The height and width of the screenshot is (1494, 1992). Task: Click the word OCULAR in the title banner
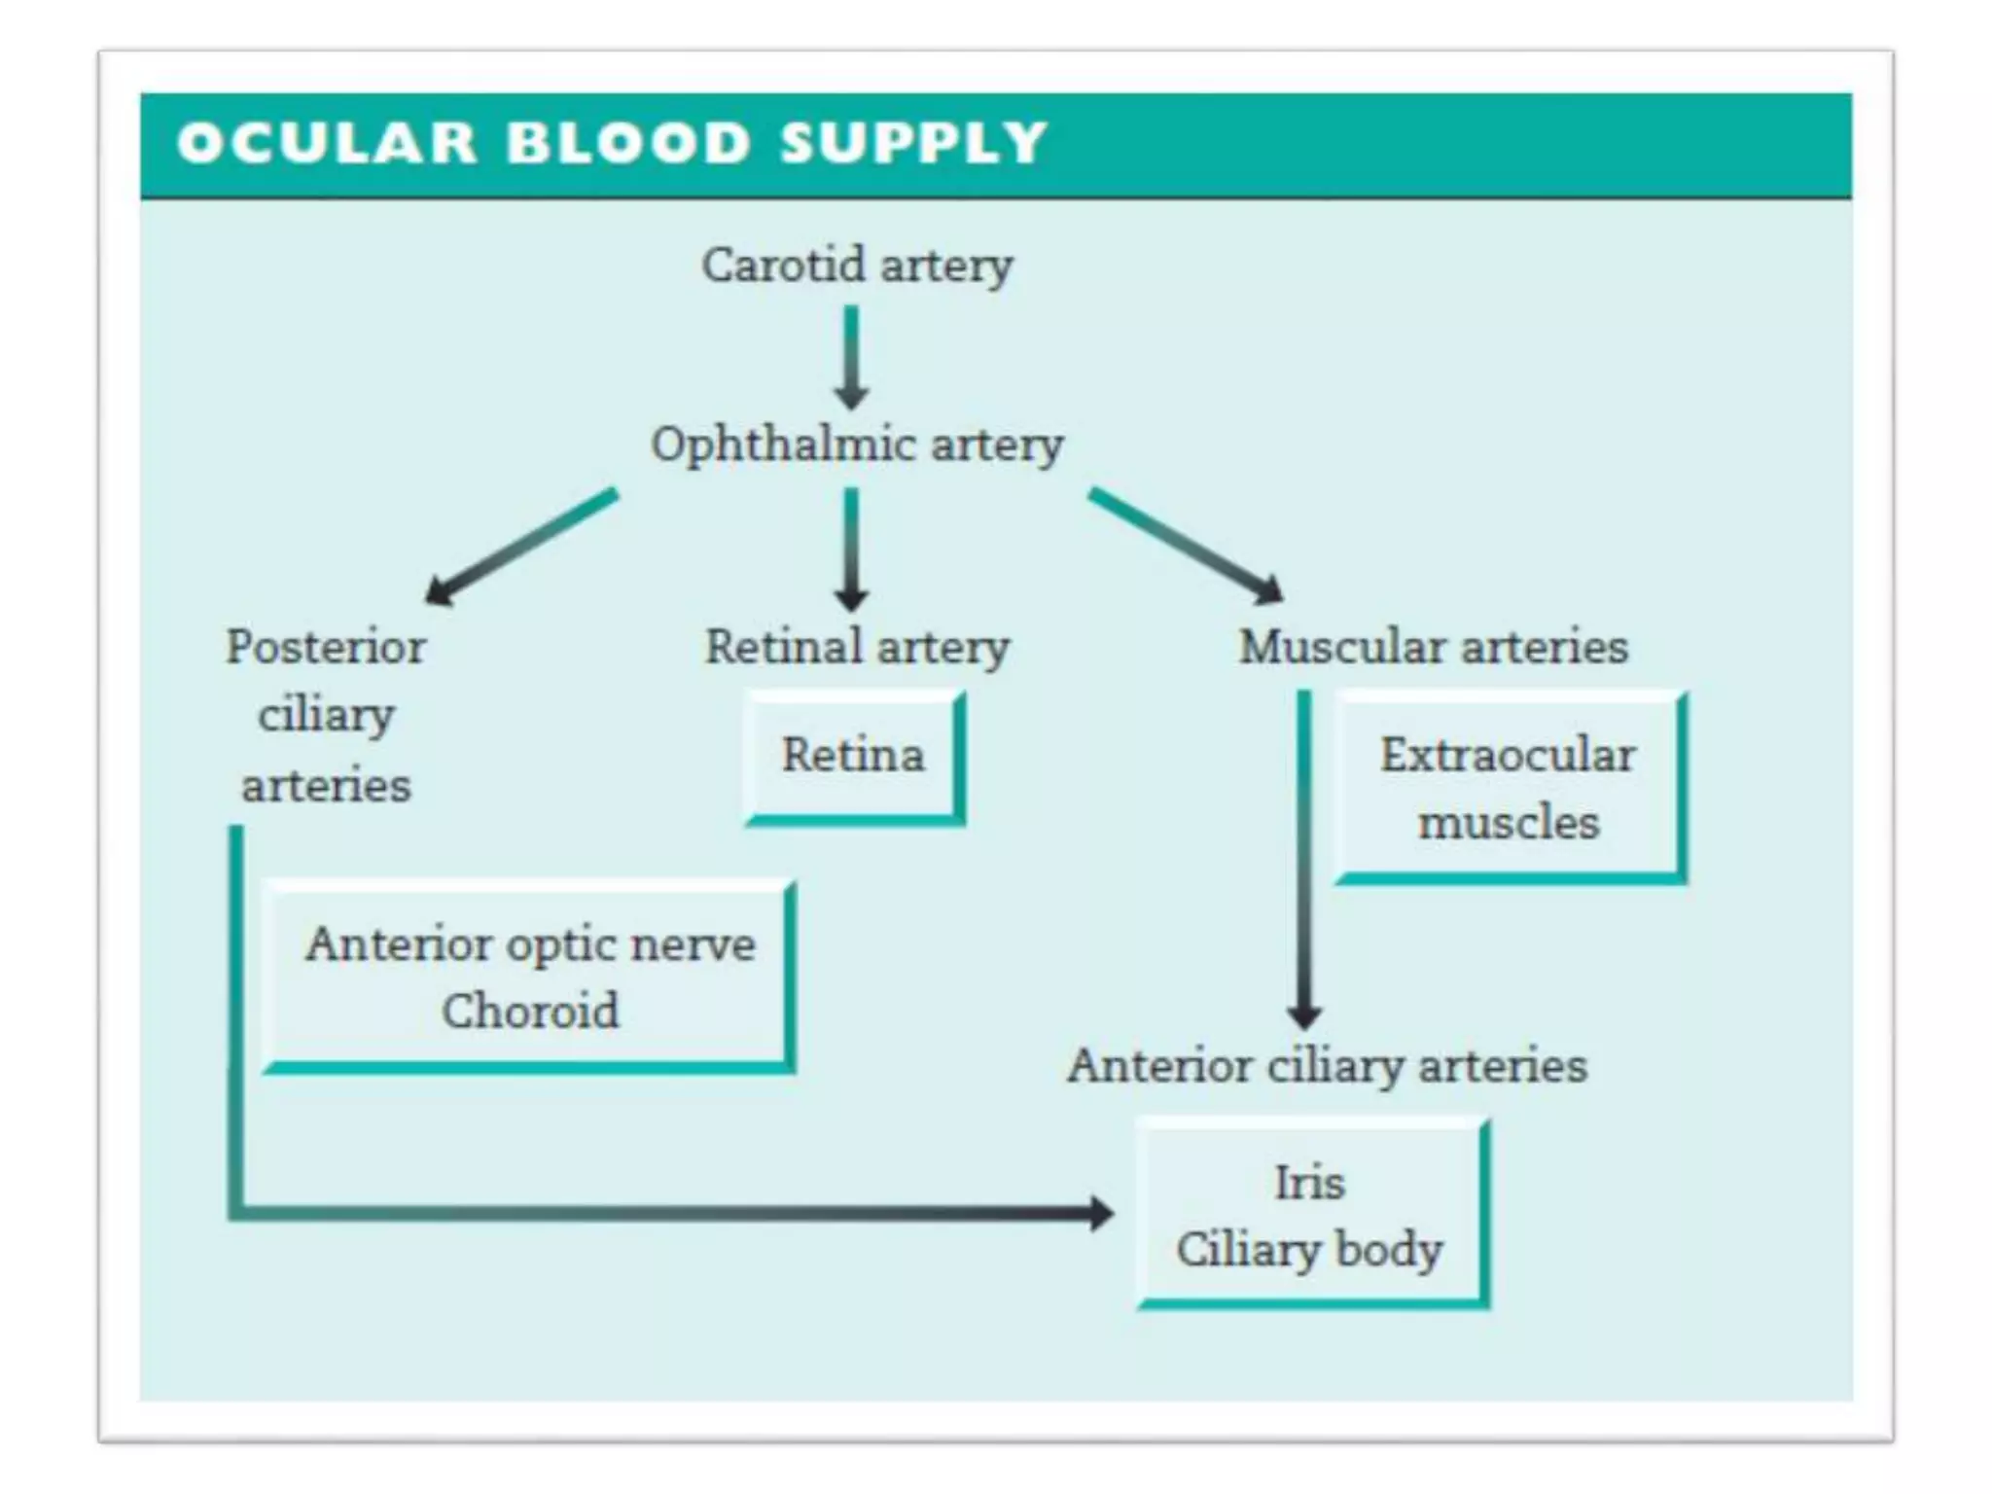pyautogui.click(x=327, y=143)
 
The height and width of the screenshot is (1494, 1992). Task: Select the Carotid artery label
pyautogui.click(x=857, y=265)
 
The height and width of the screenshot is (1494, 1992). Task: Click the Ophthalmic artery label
pyautogui.click(x=857, y=445)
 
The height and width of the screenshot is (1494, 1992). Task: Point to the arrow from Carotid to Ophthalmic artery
pyautogui.click(x=851, y=356)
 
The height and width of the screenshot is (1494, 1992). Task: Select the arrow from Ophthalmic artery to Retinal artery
pyautogui.click(x=851, y=549)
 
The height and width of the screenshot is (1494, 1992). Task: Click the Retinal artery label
pyautogui.click(x=857, y=648)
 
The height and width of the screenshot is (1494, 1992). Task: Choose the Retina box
pyautogui.click(x=853, y=756)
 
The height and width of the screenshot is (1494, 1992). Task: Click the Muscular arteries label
pyautogui.click(x=1433, y=647)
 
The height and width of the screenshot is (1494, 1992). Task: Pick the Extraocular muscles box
pyautogui.click(x=1508, y=788)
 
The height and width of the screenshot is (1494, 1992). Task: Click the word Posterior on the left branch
pyautogui.click(x=326, y=647)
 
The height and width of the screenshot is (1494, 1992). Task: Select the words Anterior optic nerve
pyautogui.click(x=530, y=944)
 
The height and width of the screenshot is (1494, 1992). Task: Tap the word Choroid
pyautogui.click(x=530, y=1011)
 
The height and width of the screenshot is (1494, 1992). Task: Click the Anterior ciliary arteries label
pyautogui.click(x=1327, y=1066)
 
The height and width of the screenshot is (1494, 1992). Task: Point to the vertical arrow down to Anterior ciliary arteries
pyautogui.click(x=1304, y=856)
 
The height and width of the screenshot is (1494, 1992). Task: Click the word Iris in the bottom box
pyautogui.click(x=1309, y=1184)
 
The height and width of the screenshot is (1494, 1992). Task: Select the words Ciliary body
pyautogui.click(x=1309, y=1250)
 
